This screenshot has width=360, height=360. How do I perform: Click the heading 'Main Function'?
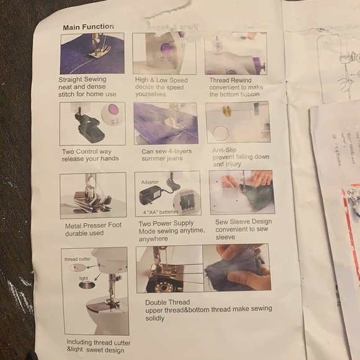pyautogui.click(x=88, y=27)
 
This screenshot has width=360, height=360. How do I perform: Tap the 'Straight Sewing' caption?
pyautogui.click(x=83, y=79)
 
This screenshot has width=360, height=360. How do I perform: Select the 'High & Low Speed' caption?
pyautogui.click(x=161, y=80)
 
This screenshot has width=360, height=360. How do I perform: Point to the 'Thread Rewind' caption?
pyautogui.click(x=230, y=80)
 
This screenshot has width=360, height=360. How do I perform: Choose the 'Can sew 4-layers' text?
pyautogui.click(x=166, y=151)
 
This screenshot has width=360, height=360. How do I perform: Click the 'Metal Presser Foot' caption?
pyautogui.click(x=93, y=225)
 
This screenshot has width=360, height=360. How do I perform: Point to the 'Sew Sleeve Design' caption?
pyautogui.click(x=243, y=221)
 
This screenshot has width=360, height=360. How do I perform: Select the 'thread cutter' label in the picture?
pyautogui.click(x=78, y=258)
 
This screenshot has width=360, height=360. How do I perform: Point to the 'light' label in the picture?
pyautogui.click(x=83, y=279)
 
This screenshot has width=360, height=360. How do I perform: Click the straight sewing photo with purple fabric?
pyautogui.click(x=92, y=53)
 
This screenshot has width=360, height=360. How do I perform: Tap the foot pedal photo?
pyautogui.click(x=92, y=124)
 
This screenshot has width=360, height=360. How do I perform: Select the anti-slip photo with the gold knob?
pyautogui.click(x=237, y=122)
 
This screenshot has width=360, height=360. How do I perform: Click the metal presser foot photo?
pyautogui.click(x=93, y=196)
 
